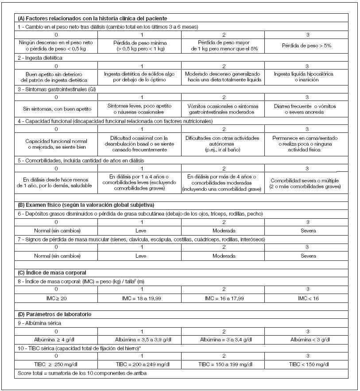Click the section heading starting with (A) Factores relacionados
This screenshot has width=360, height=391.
(92, 19)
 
